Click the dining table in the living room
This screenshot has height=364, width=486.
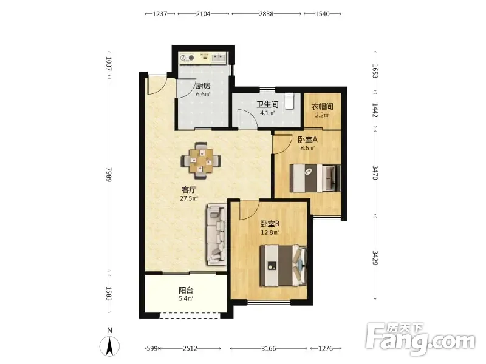pyautogui.click(x=201, y=161)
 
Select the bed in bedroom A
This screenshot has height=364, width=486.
pyautogui.click(x=315, y=178)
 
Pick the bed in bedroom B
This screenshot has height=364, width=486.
pyautogui.click(x=283, y=266)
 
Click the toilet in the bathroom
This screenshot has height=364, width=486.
pyautogui.click(x=289, y=101)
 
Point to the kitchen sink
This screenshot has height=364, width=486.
pyautogui.click(x=219, y=58)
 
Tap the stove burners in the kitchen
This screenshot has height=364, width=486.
pyautogui.click(x=187, y=58)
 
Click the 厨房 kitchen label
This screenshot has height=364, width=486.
pyautogui.click(x=203, y=86)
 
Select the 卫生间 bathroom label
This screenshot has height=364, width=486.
pyautogui.click(x=267, y=104)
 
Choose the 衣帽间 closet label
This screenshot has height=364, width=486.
pyautogui.click(x=322, y=107)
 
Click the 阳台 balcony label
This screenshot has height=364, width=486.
pyautogui.click(x=186, y=291)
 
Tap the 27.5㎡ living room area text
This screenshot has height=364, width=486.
pyautogui.click(x=189, y=198)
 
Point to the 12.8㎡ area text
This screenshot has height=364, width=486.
pyautogui.click(x=270, y=232)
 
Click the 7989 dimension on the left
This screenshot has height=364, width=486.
pyautogui.click(x=109, y=174)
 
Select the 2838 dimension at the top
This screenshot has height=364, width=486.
pyautogui.click(x=266, y=13)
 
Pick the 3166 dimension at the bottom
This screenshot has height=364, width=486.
pyautogui.click(x=269, y=348)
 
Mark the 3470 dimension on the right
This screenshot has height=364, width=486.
pyautogui.click(x=375, y=173)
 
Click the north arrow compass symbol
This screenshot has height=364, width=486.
pyautogui.click(x=109, y=343)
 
